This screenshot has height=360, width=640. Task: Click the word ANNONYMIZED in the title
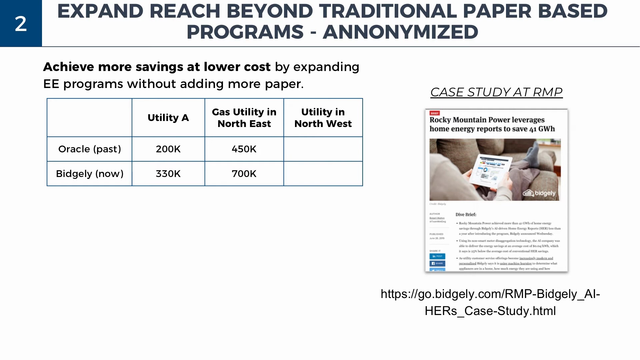[x=400, y=32]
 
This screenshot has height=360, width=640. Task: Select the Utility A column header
[x=168, y=118]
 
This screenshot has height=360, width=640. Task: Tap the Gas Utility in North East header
[x=244, y=118]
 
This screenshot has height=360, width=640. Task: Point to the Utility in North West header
[x=323, y=118]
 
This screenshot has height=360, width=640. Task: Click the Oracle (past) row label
[x=89, y=149]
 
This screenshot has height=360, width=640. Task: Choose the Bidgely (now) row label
[x=89, y=174]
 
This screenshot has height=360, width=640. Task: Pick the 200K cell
[x=168, y=149]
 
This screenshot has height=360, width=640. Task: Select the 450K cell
[x=244, y=149]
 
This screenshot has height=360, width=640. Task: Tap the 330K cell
[x=168, y=174]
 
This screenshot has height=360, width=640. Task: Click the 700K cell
[x=244, y=174]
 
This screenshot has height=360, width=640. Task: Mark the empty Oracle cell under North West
[x=323, y=149]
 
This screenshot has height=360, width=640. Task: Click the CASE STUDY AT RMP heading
[x=496, y=92]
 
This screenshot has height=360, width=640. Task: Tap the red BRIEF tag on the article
[x=435, y=113]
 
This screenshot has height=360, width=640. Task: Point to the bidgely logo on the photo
[x=539, y=193]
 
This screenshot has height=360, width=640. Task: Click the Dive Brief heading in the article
[x=466, y=215]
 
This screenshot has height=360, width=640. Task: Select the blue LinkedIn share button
[x=437, y=256]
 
